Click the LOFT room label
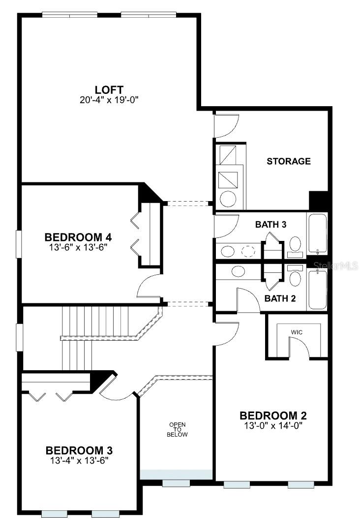[109, 89]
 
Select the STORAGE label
[289, 161]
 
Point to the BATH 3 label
[270, 225]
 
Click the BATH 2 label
[280, 298]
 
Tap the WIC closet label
[297, 332]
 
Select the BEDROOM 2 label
[272, 416]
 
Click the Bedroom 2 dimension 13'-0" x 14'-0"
[272, 425]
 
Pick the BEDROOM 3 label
[79, 450]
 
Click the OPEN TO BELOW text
[178, 429]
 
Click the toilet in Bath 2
[296, 277]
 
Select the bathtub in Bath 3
[317, 234]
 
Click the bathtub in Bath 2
[317, 289]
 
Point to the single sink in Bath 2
[239, 271]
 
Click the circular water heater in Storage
[228, 198]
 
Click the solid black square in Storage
[318, 201]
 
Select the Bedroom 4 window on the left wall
[19, 243]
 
